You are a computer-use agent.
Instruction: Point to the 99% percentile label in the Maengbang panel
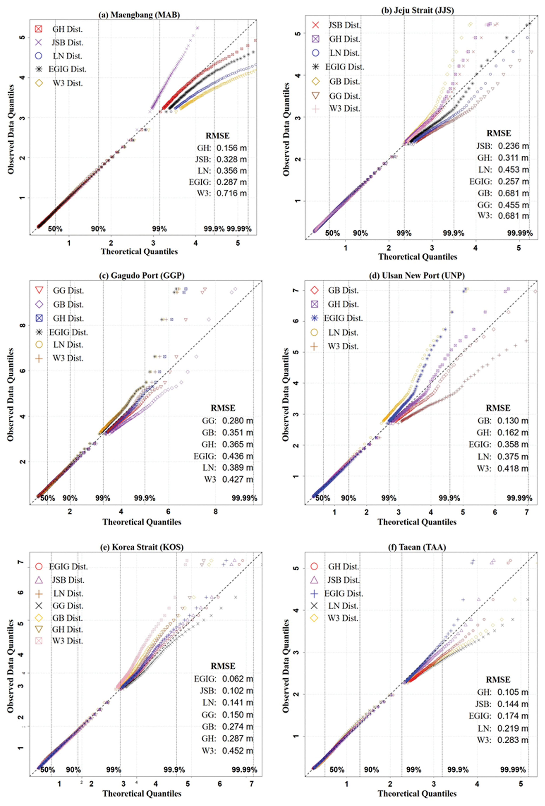coord(159,229)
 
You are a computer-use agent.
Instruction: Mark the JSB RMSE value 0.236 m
coord(513,146)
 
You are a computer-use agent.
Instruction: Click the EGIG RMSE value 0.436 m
coord(237,456)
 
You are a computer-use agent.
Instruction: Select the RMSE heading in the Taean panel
coord(498,680)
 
